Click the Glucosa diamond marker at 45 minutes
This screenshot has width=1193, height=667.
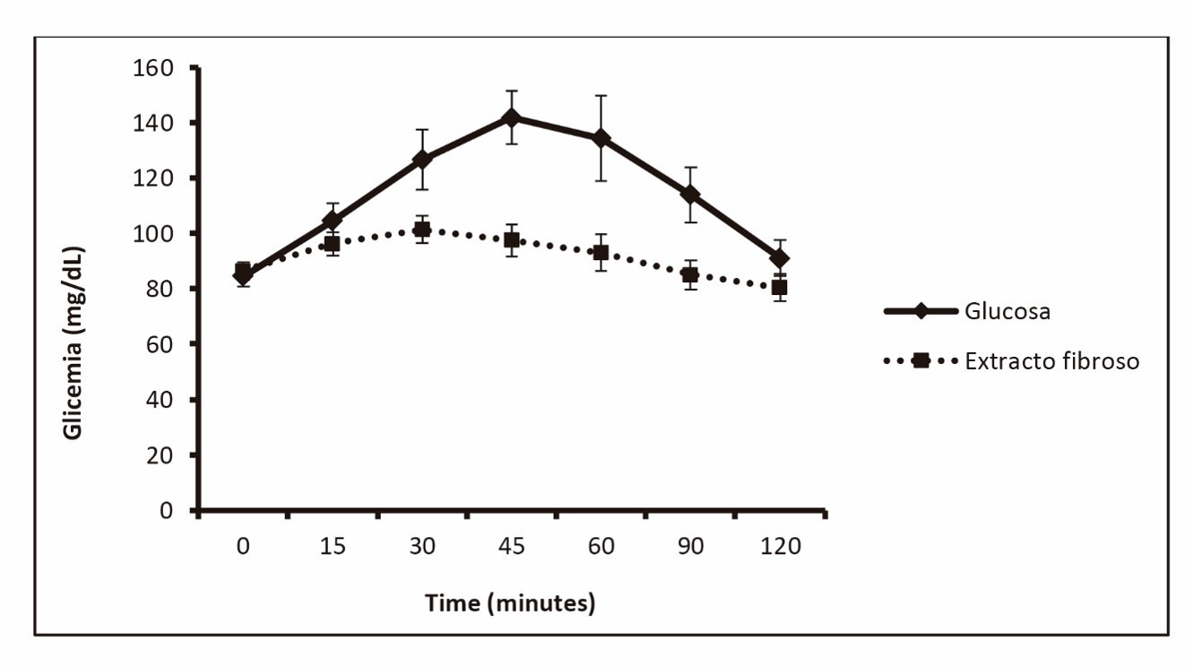pyautogui.click(x=511, y=117)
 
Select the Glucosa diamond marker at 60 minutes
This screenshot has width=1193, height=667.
pyautogui.click(x=601, y=138)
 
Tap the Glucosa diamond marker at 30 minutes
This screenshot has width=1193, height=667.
pyautogui.click(x=421, y=160)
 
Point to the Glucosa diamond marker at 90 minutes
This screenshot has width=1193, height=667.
pyautogui.click(x=690, y=194)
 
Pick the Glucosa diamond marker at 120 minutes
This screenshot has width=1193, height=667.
pyautogui.click(x=780, y=258)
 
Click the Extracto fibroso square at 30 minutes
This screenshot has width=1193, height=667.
pyautogui.click(x=421, y=230)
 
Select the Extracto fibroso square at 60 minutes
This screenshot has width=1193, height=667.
pyautogui.click(x=601, y=253)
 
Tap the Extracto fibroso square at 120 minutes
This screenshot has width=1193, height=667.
pyautogui.click(x=780, y=287)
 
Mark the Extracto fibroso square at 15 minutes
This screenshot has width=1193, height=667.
pyautogui.click(x=332, y=243)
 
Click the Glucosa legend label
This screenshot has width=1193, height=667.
pyautogui.click(x=1007, y=312)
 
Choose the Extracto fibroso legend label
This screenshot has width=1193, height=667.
pyautogui.click(x=1052, y=362)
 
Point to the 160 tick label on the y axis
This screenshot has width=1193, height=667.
pyautogui.click(x=153, y=67)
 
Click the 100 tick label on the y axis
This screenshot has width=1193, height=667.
pyautogui.click(x=153, y=233)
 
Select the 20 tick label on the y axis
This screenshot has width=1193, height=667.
pyautogui.click(x=160, y=455)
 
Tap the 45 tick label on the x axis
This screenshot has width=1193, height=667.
pyautogui.click(x=511, y=546)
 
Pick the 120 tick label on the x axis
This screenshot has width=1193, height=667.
pyautogui.click(x=780, y=546)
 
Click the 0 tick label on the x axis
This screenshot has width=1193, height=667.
pyautogui.click(x=243, y=546)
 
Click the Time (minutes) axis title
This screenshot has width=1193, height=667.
pyautogui.click(x=510, y=602)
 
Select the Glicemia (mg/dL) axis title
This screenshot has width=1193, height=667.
pyautogui.click(x=74, y=342)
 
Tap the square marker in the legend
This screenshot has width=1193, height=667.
pyautogui.click(x=920, y=361)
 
